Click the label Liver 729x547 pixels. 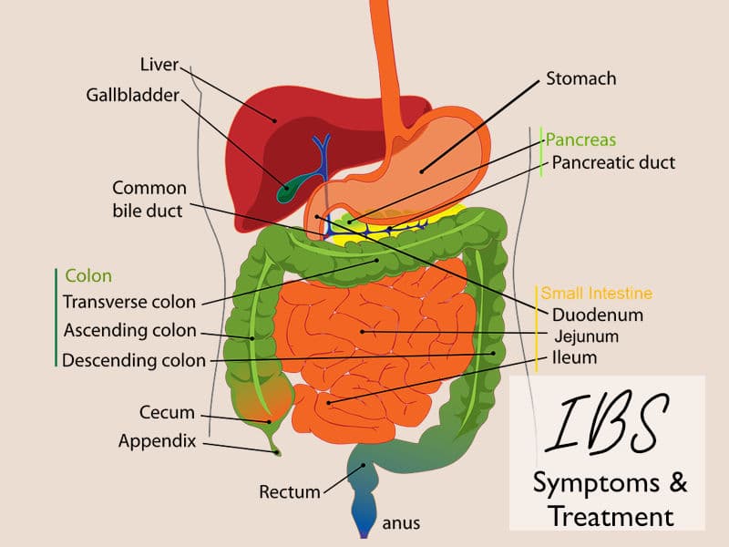[x=159, y=66]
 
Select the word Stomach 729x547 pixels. [x=580, y=78]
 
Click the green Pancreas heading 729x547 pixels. [x=580, y=140]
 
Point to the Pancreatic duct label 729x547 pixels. [x=613, y=163]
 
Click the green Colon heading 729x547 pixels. [x=88, y=276]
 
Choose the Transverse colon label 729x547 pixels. [x=128, y=303]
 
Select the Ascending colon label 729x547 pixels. [x=129, y=331]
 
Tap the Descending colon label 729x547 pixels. [x=134, y=360]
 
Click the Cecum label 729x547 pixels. [x=167, y=413]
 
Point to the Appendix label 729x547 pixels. [x=157, y=441]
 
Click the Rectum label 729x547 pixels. [x=290, y=492]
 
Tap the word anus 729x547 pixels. [x=401, y=524]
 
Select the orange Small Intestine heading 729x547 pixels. [x=597, y=294]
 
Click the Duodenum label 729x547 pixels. [x=598, y=315]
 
